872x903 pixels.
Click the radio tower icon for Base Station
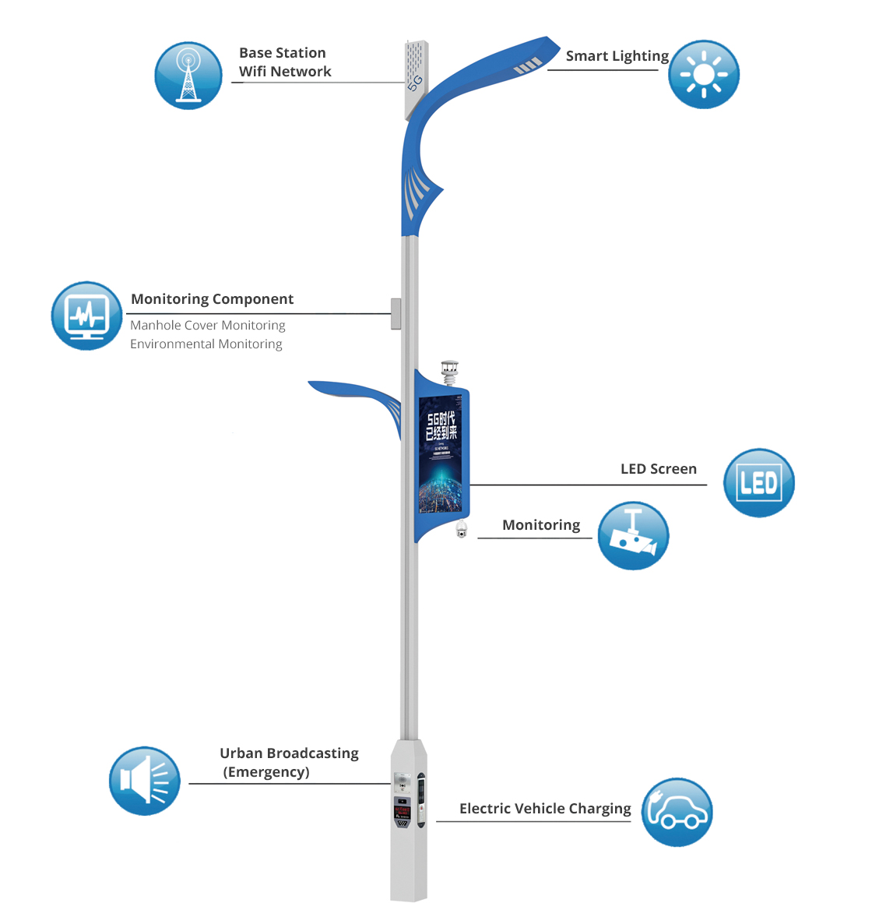(188, 76)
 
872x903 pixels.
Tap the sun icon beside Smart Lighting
(704, 75)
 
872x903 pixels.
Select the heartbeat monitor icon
(86, 316)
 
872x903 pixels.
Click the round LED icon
(759, 483)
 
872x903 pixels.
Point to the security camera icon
(633, 536)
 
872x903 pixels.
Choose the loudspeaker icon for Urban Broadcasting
(145, 781)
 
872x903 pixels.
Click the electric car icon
(677, 812)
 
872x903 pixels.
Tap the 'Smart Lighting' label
(617, 56)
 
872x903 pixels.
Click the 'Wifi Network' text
(285, 72)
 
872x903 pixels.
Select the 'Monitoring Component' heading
(212, 299)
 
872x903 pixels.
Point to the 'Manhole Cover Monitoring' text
(207, 326)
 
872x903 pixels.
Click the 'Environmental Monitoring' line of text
(206, 344)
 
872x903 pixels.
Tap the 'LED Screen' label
(658, 469)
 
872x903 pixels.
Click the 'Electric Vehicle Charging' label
(545, 809)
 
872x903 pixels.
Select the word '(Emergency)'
(266, 772)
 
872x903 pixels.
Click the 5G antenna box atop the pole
(417, 78)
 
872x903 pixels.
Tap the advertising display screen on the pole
(441, 454)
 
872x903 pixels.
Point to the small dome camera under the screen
(462, 531)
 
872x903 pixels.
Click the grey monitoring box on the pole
(396, 313)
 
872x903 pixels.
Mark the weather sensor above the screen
(448, 372)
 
